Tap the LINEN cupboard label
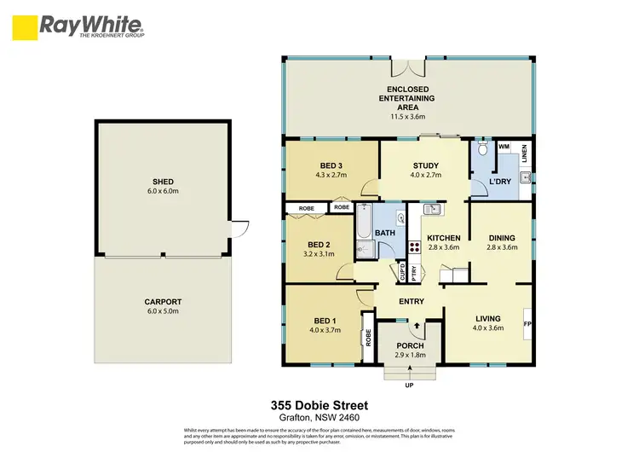click(x=525, y=155)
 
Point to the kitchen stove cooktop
click(x=415, y=248)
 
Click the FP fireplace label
click(x=527, y=323)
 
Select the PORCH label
click(x=409, y=345)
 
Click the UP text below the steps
click(x=409, y=385)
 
